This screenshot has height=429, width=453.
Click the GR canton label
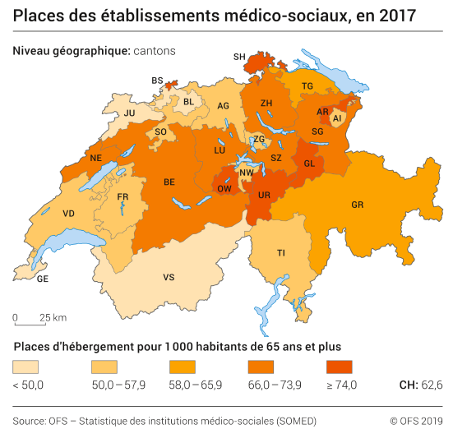[357, 204]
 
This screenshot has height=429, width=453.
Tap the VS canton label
[169, 278]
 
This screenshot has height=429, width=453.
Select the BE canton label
[169, 182]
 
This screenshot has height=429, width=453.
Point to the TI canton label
[281, 252]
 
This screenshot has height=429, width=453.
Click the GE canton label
[43, 279]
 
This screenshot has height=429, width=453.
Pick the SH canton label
[239, 57]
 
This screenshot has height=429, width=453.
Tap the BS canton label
[157, 80]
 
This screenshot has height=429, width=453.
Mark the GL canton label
[310, 163]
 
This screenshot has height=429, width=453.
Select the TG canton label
[307, 86]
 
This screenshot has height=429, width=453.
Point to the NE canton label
[96, 158]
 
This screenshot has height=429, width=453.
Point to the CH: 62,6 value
[421, 385]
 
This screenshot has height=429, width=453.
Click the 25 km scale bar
[33, 322]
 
